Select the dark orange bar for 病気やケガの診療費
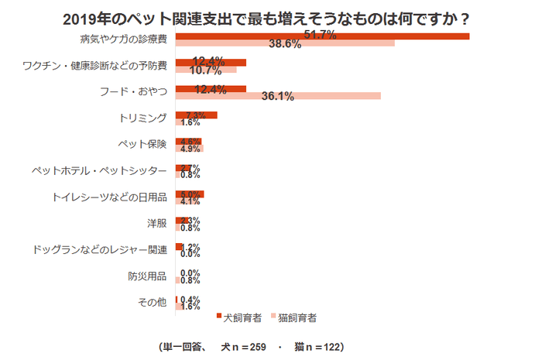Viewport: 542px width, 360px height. coord(322,36)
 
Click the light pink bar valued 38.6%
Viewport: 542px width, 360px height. coord(285,44)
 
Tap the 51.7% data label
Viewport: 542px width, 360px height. coord(320,35)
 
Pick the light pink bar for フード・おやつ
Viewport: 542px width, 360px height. coord(278,96)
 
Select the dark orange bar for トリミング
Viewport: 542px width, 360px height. coord(197,115)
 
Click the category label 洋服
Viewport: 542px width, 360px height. coord(156,223)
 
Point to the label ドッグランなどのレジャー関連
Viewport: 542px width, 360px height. coord(100,249)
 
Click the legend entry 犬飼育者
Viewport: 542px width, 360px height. coord(242,317)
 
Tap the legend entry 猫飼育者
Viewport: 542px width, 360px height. coord(297,317)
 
